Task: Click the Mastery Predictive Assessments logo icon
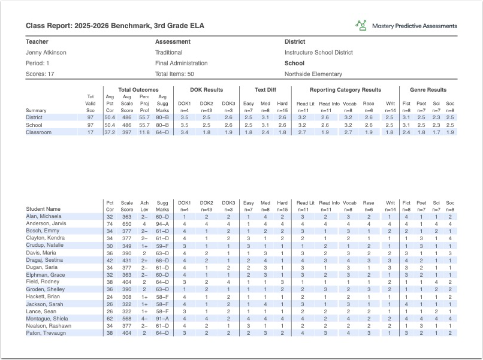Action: pos(361,25)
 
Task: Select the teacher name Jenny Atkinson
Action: pos(46,53)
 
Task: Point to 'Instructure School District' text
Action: pos(319,53)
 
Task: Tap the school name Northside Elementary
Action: pos(313,74)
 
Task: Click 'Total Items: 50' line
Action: pos(174,74)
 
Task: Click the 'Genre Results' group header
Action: pos(428,90)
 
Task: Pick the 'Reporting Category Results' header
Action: pos(345,90)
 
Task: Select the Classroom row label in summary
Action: pos(38,132)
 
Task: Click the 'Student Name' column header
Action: pos(43,209)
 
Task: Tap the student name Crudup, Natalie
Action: pos(45,246)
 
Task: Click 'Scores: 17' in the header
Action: pos(40,74)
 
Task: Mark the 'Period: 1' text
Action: pos(38,63)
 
